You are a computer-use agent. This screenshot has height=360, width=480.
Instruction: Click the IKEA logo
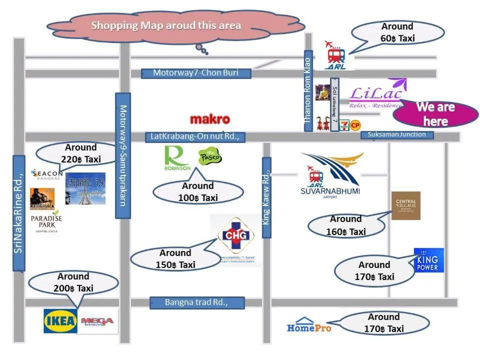coord(61,321)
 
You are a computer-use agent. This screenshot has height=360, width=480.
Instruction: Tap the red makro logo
coord(210,119)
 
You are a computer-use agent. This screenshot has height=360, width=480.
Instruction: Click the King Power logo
coord(428,260)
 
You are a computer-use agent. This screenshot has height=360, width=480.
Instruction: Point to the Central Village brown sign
coord(405,205)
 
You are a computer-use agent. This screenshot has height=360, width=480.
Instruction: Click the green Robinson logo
coord(177,158)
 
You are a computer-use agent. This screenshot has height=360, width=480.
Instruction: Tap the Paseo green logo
coord(210,157)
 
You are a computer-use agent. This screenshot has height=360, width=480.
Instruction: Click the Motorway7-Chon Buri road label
coord(195,73)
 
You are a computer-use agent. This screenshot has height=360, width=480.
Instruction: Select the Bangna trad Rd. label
coord(197,302)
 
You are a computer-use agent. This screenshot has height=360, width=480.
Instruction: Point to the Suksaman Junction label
coord(396,134)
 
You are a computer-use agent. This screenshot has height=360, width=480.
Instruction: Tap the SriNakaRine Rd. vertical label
coord(18,213)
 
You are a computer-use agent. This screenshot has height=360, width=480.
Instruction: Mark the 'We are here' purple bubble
coord(435,114)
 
